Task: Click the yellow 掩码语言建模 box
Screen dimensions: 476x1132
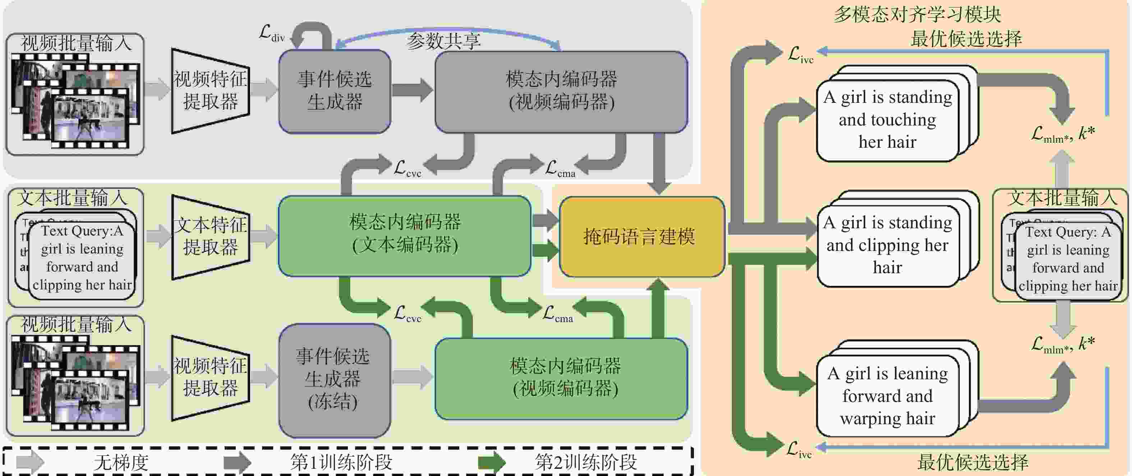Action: click(641, 237)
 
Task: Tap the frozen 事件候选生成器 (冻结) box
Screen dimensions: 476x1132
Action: click(334, 380)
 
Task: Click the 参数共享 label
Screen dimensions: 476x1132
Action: click(443, 41)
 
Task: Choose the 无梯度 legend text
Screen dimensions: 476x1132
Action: click(121, 462)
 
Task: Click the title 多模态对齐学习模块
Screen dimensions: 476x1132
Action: click(917, 14)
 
